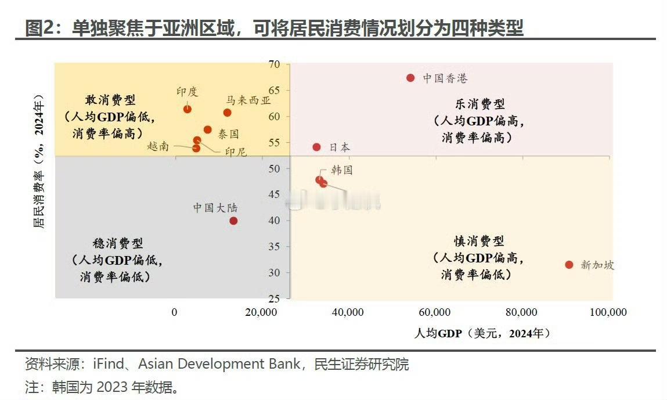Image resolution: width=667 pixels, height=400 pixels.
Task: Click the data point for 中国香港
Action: [x=410, y=78]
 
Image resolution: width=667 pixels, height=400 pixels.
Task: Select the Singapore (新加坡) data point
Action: [x=569, y=265]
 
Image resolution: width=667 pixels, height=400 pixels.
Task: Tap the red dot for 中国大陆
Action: [x=233, y=221]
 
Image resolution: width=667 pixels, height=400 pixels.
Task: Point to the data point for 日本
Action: [x=316, y=147]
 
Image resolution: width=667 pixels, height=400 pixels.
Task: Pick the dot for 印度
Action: [x=188, y=109]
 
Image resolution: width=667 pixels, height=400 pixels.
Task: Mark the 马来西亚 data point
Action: [x=227, y=113]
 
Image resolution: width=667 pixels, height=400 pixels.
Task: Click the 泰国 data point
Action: [x=207, y=129]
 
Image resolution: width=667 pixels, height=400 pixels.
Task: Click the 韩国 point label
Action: [x=342, y=170]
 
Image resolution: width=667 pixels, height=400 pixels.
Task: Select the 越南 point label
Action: [x=158, y=146]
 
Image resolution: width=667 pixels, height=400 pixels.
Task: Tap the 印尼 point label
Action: [x=236, y=152]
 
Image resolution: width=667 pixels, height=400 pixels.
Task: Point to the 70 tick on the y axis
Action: [x=274, y=64]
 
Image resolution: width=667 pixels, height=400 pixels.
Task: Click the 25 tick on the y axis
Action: [x=274, y=298]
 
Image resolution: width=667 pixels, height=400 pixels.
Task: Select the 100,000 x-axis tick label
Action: [x=608, y=312]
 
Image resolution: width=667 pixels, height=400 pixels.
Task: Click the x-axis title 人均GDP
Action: [x=438, y=333]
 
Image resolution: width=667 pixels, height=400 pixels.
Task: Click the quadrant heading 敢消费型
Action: [x=110, y=100]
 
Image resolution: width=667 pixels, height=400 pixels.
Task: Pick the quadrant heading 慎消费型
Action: [x=479, y=240]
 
